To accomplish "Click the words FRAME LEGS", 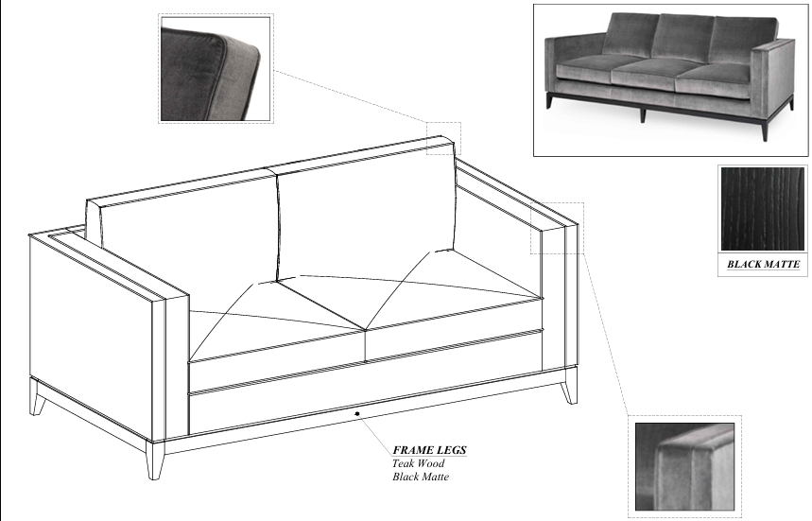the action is point(429,450).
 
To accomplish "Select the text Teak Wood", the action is point(419,463).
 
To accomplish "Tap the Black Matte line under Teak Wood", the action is point(421,477).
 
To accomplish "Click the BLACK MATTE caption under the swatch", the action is point(764,264).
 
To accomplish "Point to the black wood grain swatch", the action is point(763,209).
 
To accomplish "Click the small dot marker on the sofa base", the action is point(356,414).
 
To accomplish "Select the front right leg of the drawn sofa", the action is point(569,385).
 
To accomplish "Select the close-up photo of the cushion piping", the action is point(216,69).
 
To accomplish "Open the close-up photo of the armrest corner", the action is point(684,466).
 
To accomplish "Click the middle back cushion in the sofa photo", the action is point(682,37).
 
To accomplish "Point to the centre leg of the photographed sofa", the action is point(643,113).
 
